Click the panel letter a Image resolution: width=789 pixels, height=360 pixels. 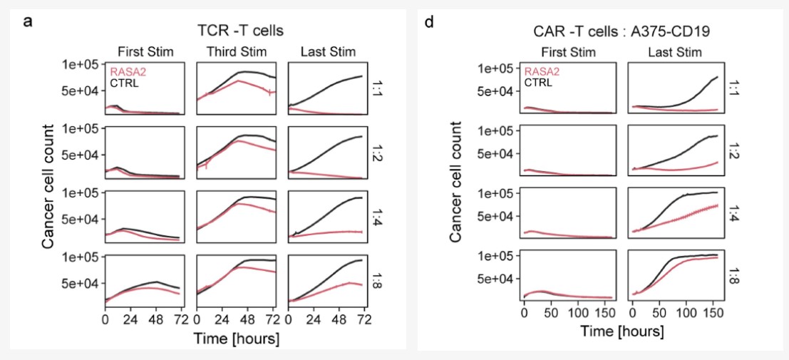(28, 21)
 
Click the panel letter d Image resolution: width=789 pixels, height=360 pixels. (429, 21)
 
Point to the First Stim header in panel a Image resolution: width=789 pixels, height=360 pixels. (147, 51)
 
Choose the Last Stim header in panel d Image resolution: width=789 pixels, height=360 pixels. (675, 52)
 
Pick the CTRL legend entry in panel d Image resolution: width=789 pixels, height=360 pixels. (540, 82)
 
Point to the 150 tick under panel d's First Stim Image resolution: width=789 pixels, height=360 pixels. (606, 313)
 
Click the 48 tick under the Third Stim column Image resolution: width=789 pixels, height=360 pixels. (249, 320)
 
